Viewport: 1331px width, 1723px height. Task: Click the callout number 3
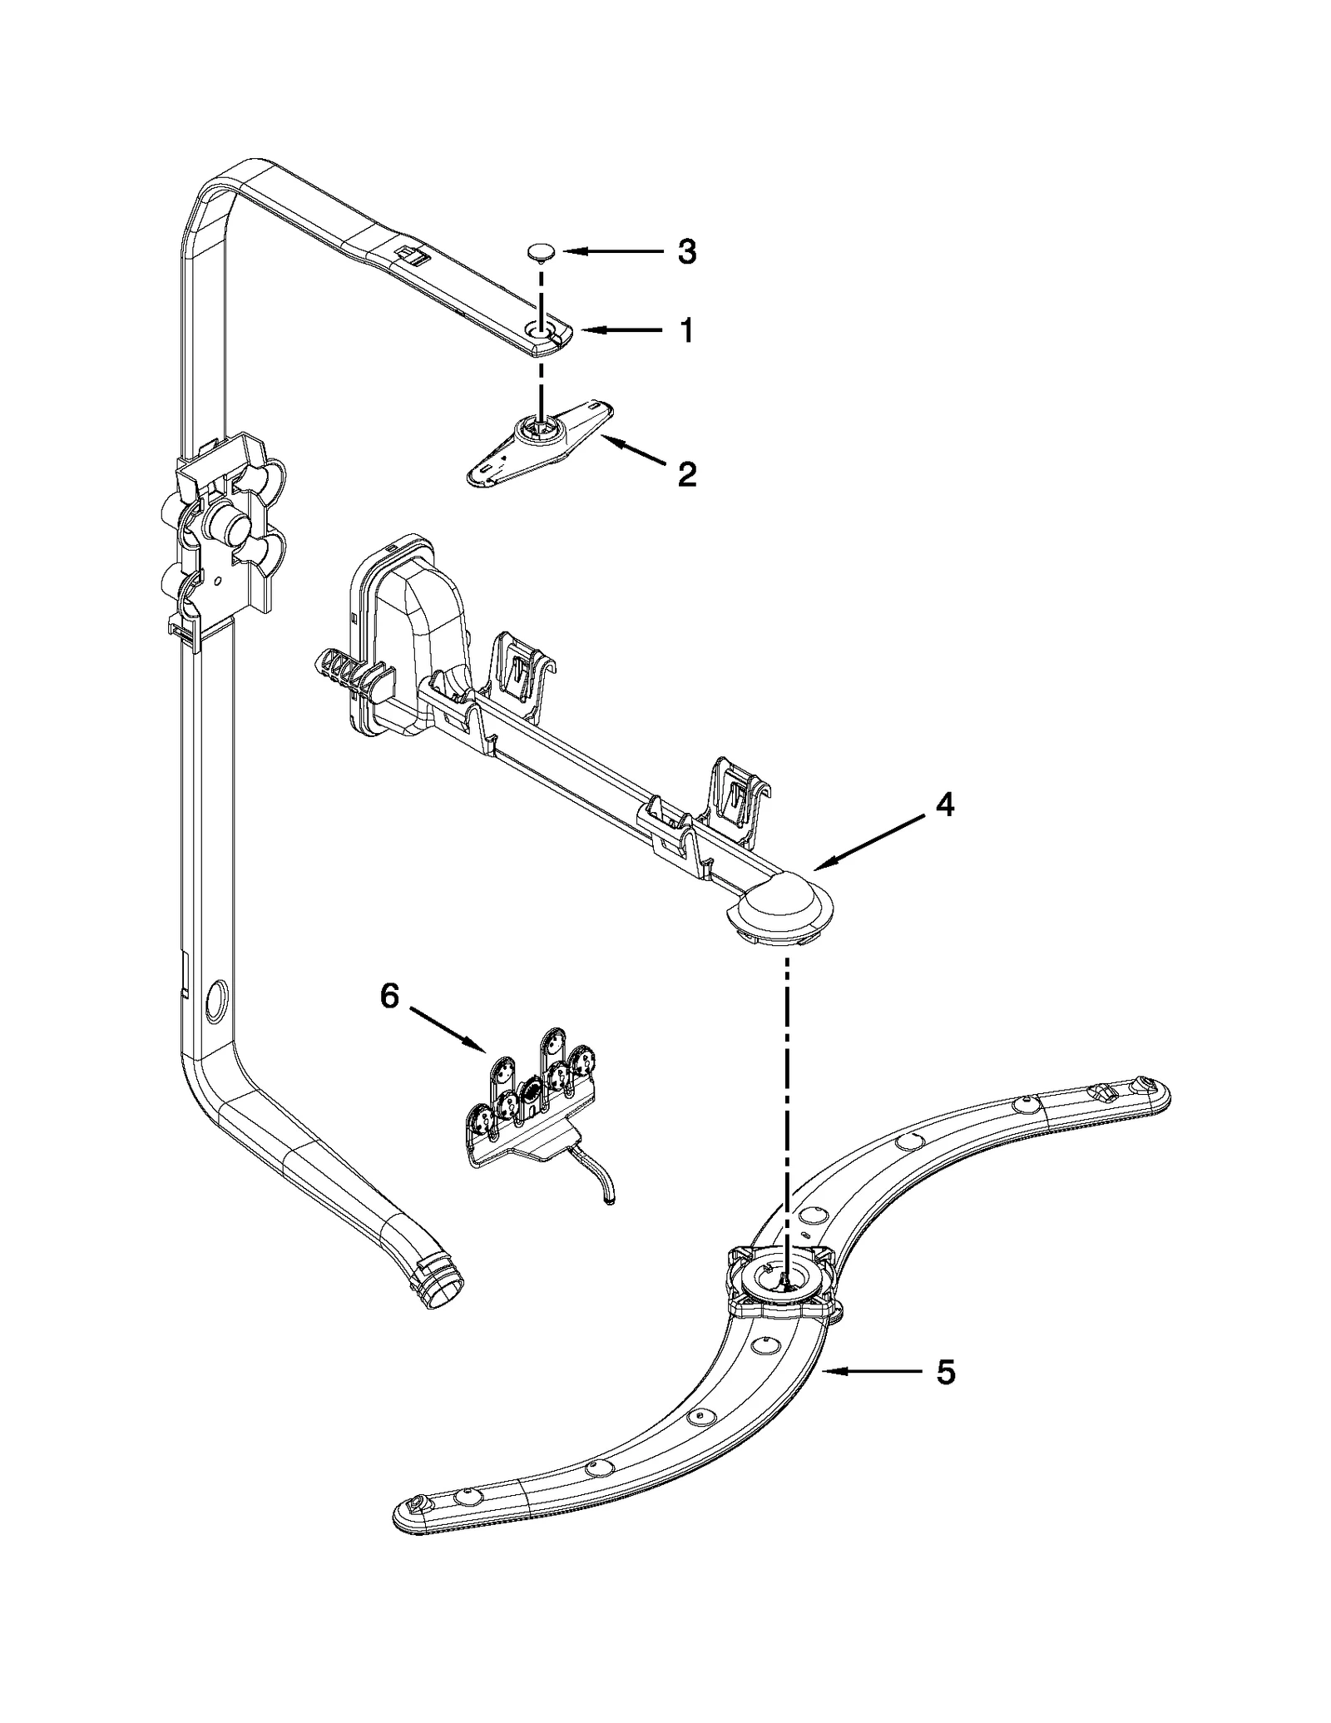[x=686, y=251]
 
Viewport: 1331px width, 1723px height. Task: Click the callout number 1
[x=686, y=331]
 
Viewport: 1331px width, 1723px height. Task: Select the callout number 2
[x=686, y=475]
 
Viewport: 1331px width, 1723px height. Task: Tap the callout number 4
[x=944, y=805]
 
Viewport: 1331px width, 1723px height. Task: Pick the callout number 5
[x=945, y=1372]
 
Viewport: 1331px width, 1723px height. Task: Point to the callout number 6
[x=390, y=996]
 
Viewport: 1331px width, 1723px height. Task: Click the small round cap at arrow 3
[x=542, y=251]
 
